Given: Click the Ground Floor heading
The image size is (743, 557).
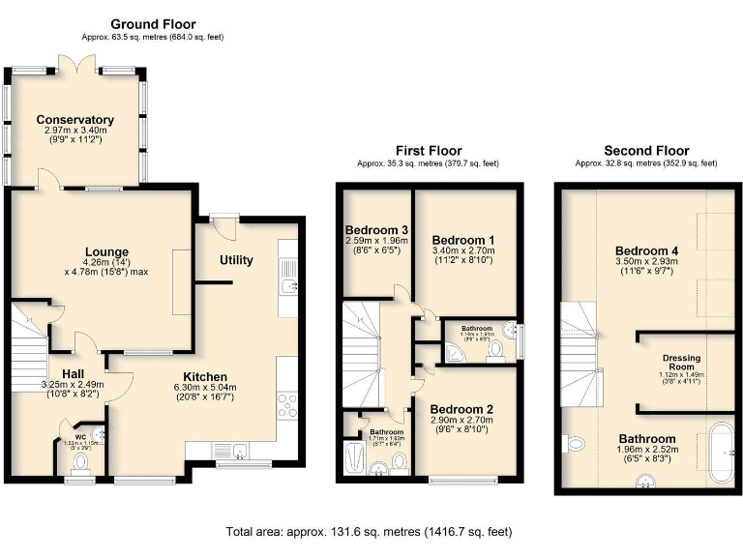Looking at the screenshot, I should coord(153,23).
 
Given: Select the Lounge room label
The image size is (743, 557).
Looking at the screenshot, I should coord(105,252).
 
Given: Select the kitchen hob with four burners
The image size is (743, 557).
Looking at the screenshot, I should coord(288,403).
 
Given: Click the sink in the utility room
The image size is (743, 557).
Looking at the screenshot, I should coord(287,286).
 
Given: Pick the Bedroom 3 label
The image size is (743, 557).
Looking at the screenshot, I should coord(376,230).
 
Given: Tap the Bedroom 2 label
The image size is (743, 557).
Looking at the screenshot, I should coord(463,408).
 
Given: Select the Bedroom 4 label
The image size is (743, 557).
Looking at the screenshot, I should coord(647,249).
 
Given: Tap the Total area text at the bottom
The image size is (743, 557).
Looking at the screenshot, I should coord(371,532).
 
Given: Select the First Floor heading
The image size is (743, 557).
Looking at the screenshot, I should coord(429,151).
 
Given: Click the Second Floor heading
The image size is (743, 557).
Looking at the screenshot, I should coord(646,151).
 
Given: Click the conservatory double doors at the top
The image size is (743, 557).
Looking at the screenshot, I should coord(77,63).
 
